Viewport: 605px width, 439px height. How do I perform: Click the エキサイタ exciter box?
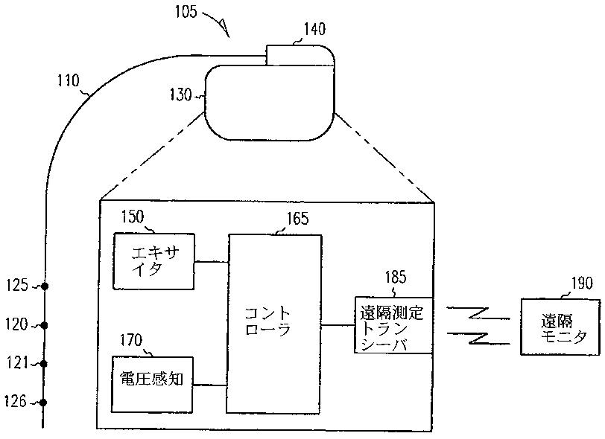153,261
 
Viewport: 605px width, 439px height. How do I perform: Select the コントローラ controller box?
275,324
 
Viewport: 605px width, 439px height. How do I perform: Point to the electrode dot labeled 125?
44,286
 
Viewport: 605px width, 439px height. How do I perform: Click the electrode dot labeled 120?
44,325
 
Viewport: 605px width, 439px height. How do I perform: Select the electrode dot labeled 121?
44,364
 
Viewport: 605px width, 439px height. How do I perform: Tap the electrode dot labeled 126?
44,403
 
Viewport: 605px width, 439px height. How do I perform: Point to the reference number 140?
314,30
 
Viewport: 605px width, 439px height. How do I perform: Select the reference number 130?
182,95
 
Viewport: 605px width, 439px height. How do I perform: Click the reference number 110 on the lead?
68,80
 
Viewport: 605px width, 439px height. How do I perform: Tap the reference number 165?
297,219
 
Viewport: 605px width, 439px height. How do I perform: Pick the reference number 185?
395,278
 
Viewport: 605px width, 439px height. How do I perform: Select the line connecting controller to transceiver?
338,325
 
